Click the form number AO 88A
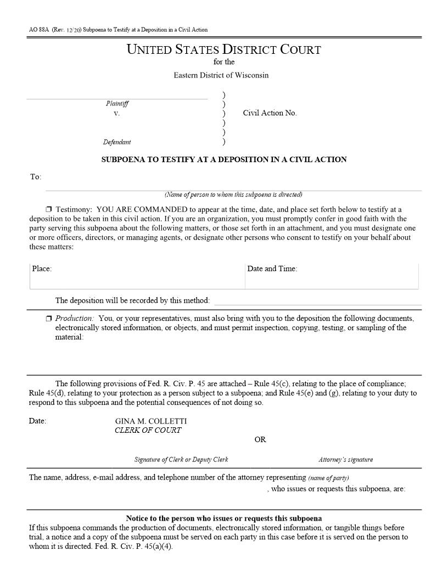[x=37, y=30]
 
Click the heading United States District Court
[x=224, y=49]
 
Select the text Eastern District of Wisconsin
[x=221, y=75]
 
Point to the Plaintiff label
[x=117, y=103]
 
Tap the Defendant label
[x=117, y=142]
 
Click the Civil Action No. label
[x=270, y=113]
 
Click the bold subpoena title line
[x=224, y=160]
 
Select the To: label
[x=36, y=177]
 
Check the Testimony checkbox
[x=49, y=209]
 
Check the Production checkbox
[x=49, y=319]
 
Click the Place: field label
[x=42, y=269]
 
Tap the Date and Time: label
[x=272, y=269]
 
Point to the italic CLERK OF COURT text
[x=148, y=430]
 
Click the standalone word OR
[x=260, y=440]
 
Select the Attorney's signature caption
[x=346, y=460]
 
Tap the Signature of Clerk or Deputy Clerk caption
[x=181, y=460]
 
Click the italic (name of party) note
[x=328, y=478]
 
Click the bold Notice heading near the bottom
[x=224, y=518]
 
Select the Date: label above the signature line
[x=37, y=421]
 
